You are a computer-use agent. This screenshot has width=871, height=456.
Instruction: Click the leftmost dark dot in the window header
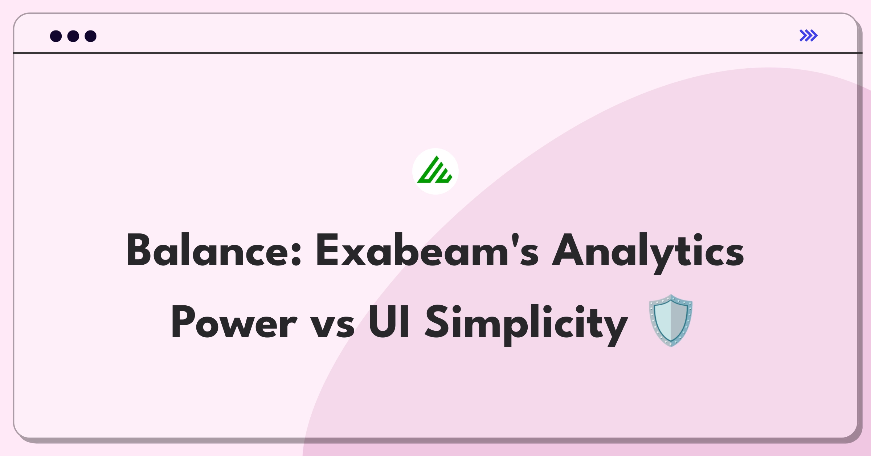(56, 36)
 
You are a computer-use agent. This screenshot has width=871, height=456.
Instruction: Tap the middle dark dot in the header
(73, 36)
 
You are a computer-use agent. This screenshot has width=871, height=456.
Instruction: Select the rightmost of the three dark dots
(91, 36)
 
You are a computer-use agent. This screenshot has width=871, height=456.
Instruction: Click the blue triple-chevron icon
(809, 36)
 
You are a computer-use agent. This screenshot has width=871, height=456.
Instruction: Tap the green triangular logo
(435, 171)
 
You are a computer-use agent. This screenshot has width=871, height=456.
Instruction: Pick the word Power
(234, 322)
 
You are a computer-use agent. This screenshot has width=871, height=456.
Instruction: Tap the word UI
(389, 322)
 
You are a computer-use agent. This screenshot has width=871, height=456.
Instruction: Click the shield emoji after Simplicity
(671, 321)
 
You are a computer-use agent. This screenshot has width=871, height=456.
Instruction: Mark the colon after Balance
(296, 254)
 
